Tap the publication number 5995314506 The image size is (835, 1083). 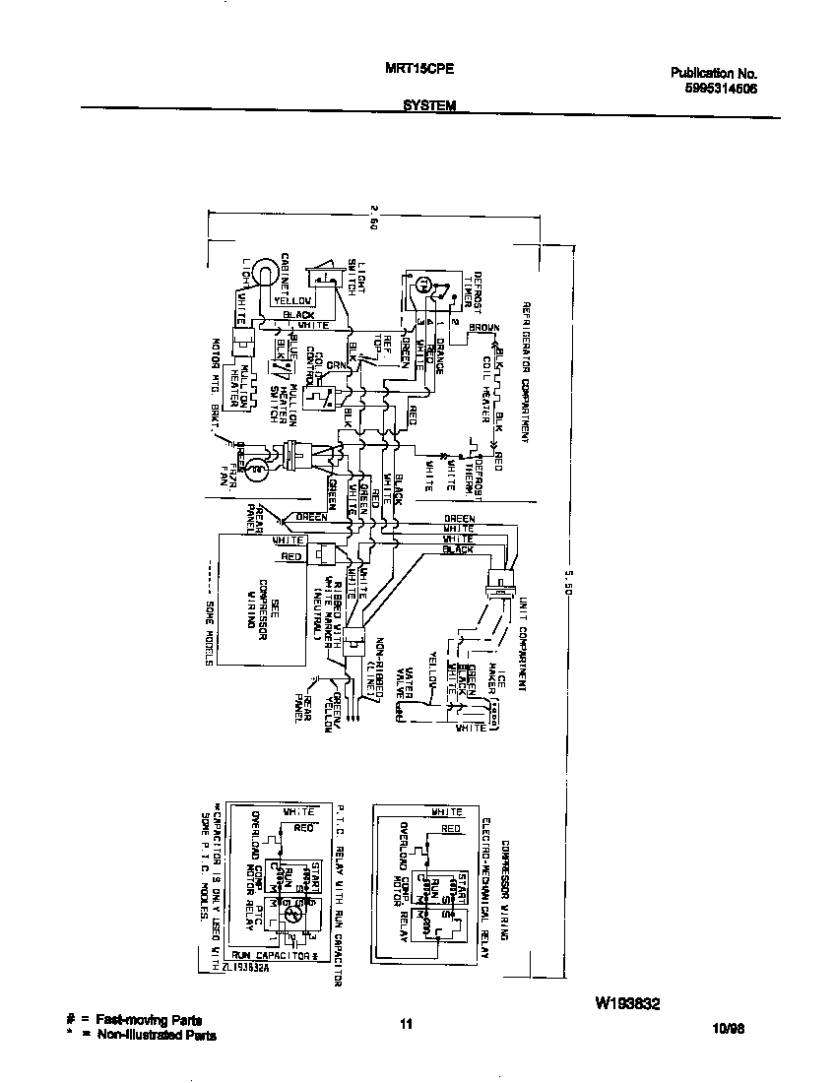(715, 88)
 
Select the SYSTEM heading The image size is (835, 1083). (428, 106)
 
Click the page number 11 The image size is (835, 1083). (405, 1025)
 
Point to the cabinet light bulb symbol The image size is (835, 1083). (263, 272)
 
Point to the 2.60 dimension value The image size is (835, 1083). (375, 218)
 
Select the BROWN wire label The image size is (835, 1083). (483, 327)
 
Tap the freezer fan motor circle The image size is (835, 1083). (256, 471)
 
